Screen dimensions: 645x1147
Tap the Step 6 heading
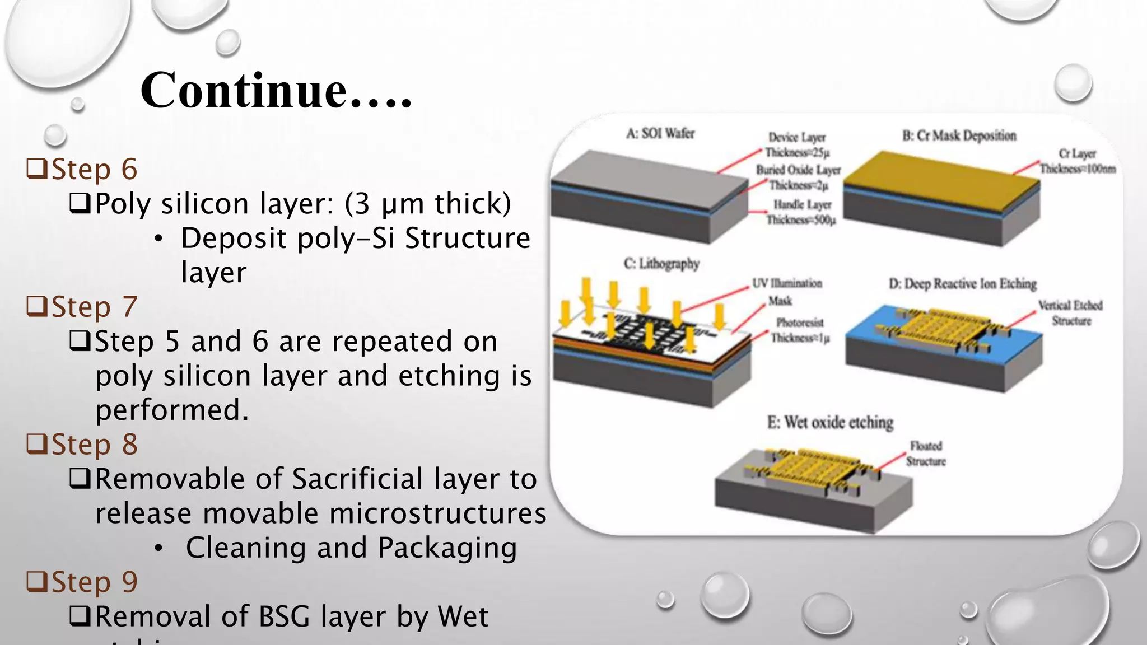(94, 169)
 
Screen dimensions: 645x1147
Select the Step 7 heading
(94, 307)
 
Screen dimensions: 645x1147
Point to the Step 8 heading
(94, 445)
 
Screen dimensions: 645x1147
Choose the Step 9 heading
(94, 582)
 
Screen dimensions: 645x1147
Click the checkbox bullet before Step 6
(37, 169)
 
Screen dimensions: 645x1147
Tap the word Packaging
(446, 548)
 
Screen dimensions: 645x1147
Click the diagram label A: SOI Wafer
(660, 134)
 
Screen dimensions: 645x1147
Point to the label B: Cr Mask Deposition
(959, 135)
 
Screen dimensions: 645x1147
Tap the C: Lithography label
(661, 263)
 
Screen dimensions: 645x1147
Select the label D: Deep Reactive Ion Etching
(962, 284)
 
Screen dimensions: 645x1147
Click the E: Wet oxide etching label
(830, 422)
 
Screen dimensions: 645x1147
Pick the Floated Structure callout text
(926, 454)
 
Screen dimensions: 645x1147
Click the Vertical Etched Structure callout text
(1070, 313)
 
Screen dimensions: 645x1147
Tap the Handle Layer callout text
(802, 212)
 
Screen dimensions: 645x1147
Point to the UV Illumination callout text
(787, 283)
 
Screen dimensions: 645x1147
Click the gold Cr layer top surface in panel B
(941, 179)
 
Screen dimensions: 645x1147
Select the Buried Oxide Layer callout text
(798, 177)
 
